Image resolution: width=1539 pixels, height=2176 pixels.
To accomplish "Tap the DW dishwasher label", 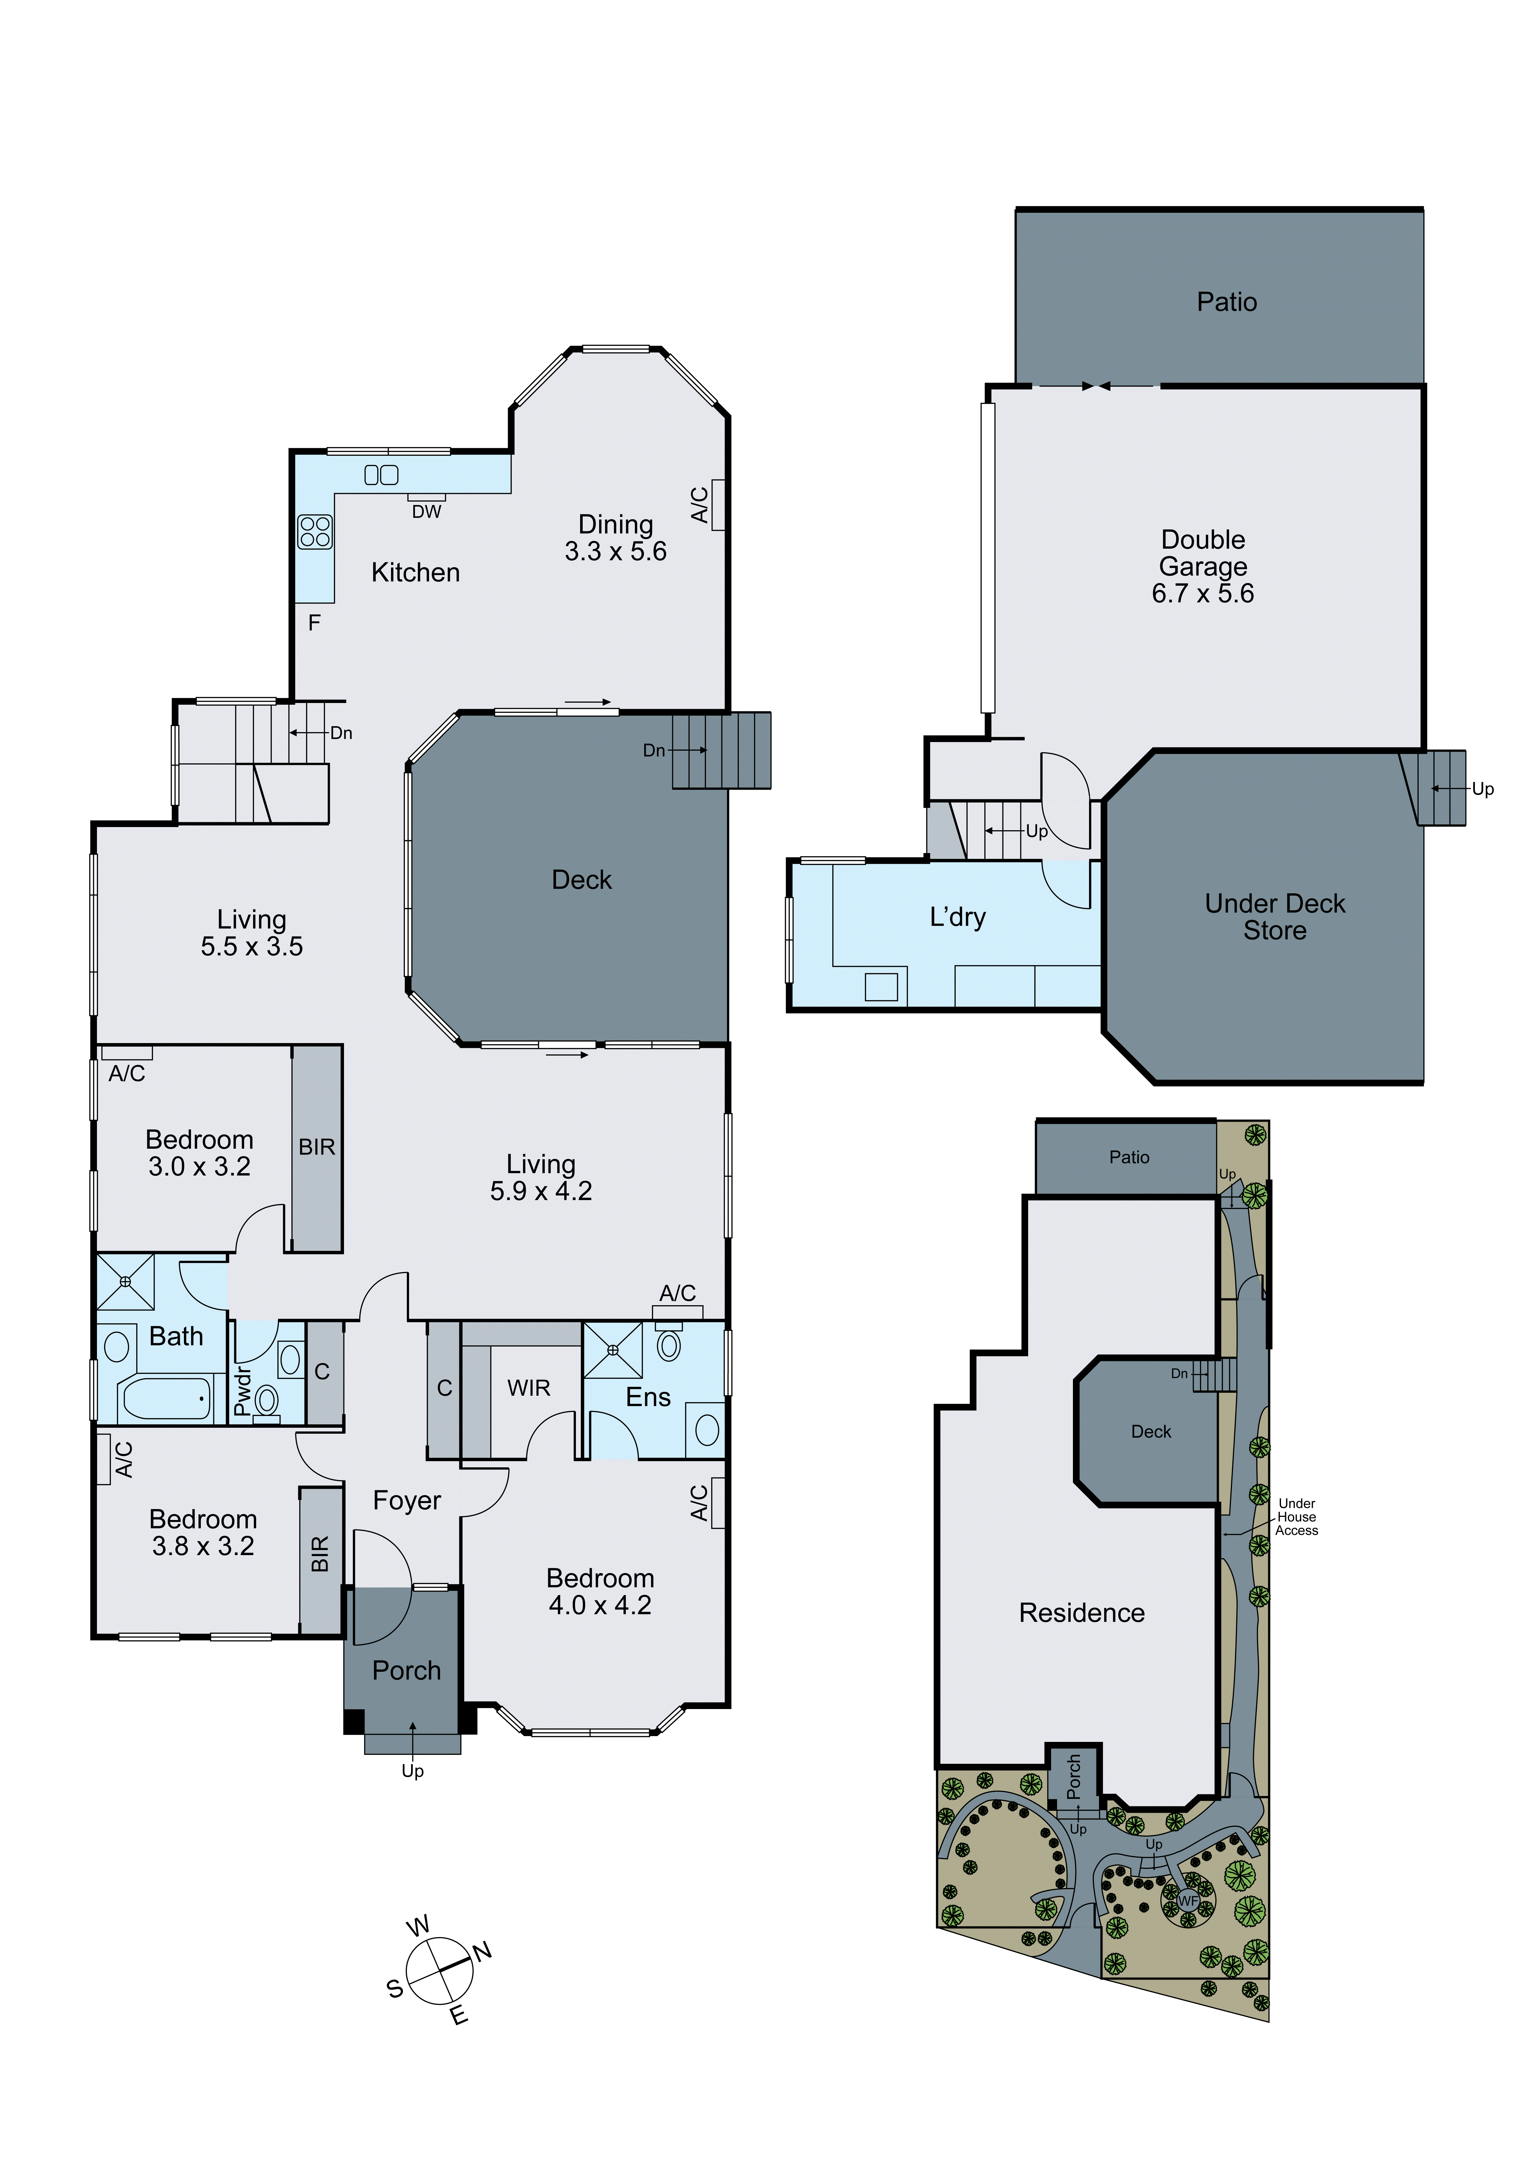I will click(426, 512).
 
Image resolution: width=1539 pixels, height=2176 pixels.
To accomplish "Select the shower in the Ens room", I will click(612, 1350).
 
